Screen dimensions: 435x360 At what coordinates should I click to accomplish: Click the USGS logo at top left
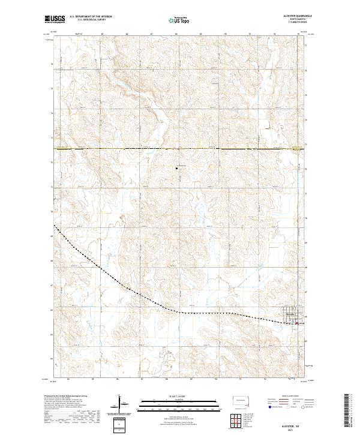pos(55,20)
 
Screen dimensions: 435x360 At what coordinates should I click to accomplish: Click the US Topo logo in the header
pos(180,20)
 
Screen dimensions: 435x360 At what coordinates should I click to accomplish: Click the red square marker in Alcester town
pos(296,323)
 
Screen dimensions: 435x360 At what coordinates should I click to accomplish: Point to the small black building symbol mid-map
pos(176,169)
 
